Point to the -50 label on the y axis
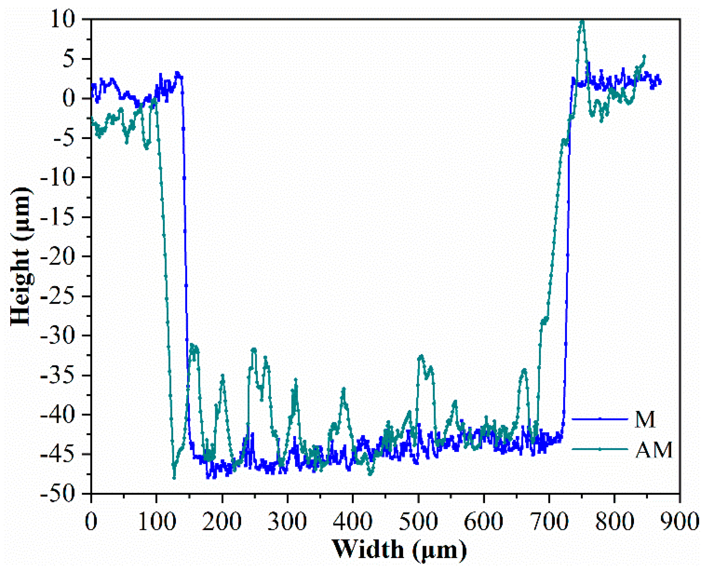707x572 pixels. [x=58, y=494]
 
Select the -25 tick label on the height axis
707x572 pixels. [x=58, y=296]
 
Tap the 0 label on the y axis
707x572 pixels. [x=68, y=98]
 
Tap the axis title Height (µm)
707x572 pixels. [x=21, y=256]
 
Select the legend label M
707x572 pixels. [x=645, y=419]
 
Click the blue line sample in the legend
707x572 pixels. [x=600, y=419]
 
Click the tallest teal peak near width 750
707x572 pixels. [x=583, y=21]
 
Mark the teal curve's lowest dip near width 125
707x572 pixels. [x=174, y=478]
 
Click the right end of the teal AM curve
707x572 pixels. [x=644, y=56]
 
